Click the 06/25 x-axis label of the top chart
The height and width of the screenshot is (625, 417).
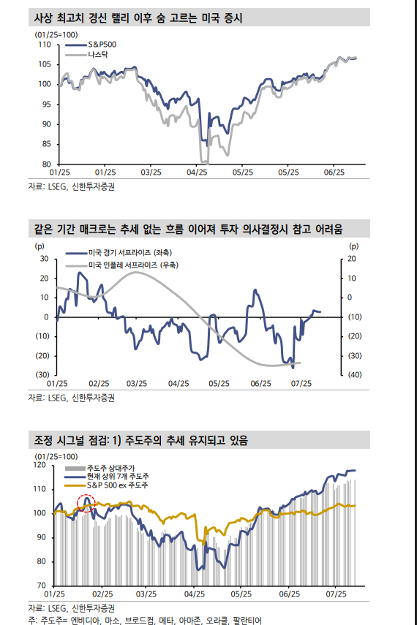point(334,172)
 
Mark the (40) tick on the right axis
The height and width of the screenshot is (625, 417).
point(353,374)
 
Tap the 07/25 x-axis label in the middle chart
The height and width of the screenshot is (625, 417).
point(301,383)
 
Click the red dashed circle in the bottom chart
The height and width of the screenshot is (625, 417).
point(86,503)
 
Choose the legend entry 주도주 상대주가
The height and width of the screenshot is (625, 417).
point(108,466)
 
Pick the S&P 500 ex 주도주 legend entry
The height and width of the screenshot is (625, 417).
point(117,485)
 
